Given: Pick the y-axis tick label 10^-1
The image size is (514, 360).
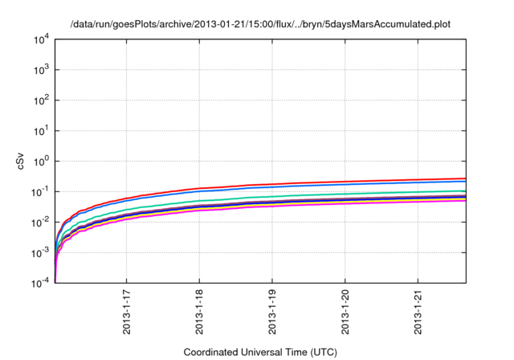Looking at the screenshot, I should (x=39, y=191).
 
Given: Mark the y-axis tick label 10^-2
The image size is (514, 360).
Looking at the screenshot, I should (x=39, y=222).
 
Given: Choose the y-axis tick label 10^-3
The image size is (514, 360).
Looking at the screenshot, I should (x=39, y=252).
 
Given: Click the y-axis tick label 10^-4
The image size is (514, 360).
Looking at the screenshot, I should (x=39, y=283).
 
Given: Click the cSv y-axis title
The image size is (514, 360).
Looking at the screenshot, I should (x=21, y=161).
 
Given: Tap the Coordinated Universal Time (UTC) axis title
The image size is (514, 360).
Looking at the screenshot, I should (x=260, y=352).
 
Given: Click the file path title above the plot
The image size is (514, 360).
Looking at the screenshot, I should (x=260, y=24).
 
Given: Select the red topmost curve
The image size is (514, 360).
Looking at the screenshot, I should (x=321, y=182).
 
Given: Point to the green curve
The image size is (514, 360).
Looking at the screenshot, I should (x=321, y=194).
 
